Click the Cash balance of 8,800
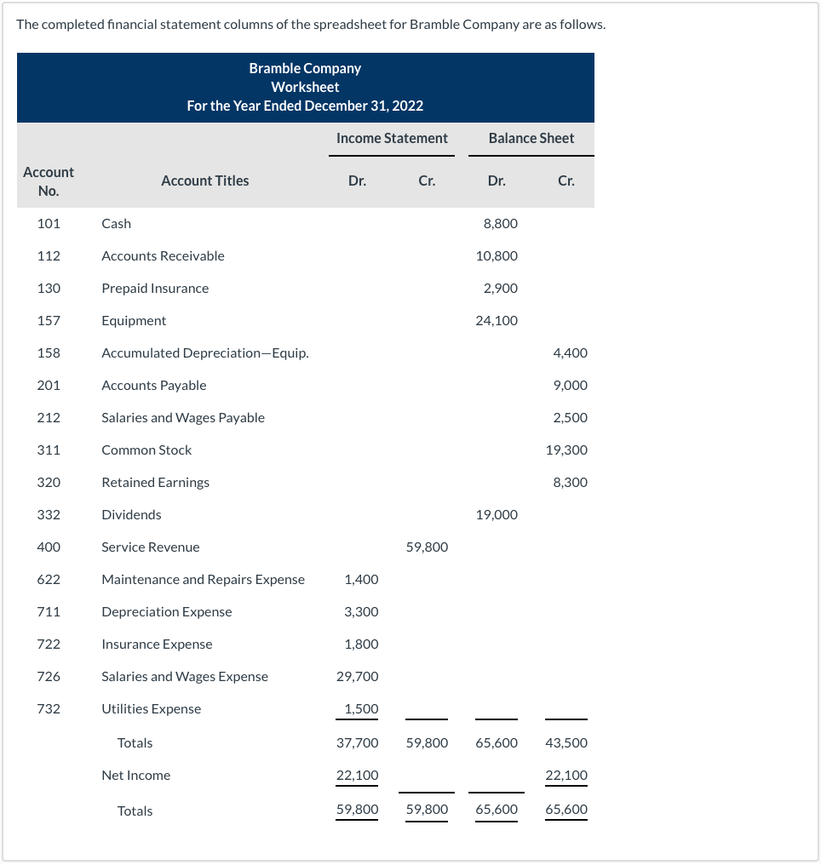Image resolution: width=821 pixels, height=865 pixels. point(500,223)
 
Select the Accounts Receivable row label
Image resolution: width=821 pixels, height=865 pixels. point(163,255)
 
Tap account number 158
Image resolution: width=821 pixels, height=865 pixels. point(49,352)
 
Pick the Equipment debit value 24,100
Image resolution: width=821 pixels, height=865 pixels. point(497,320)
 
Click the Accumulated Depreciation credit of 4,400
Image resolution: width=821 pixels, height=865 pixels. point(570,352)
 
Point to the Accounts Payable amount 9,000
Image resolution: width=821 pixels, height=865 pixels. point(570,385)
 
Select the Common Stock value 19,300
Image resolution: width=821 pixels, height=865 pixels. point(566,450)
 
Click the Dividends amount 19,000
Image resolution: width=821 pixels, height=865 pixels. point(497,514)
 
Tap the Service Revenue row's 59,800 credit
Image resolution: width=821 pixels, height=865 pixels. point(427,547)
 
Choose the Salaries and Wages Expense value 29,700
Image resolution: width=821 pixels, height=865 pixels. point(358,676)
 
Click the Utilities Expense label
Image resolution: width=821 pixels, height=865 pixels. point(152,708)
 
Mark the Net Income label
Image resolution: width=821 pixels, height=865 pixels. point(135,775)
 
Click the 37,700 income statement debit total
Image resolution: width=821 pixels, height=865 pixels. point(358,742)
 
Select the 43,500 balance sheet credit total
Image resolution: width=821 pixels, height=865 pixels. point(566,742)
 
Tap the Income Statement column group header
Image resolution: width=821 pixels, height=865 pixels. point(392,138)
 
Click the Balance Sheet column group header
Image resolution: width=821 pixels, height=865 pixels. point(531,138)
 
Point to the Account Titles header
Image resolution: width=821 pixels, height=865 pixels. point(205,180)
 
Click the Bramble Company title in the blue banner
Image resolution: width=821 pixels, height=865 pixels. point(305,68)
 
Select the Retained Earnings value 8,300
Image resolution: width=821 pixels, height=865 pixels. point(570,482)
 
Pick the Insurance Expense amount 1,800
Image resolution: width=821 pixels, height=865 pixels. point(361,644)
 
